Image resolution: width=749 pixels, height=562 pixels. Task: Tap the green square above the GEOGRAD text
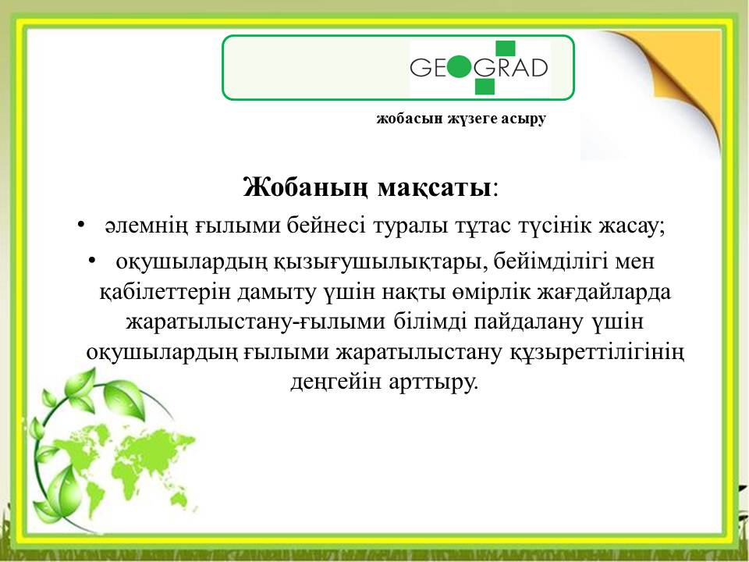[x=505, y=49]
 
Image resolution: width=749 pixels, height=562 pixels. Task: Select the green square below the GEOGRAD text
[x=485, y=86]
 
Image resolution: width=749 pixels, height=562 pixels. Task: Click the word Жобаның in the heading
[x=305, y=187]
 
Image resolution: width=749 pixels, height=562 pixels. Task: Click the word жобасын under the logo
[x=410, y=118]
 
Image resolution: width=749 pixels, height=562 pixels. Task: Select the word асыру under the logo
[x=524, y=119]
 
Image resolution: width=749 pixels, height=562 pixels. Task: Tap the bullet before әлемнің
[x=80, y=224]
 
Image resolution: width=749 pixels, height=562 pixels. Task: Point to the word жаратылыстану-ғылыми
[x=256, y=322]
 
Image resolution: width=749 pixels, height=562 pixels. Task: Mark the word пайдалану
[x=528, y=322]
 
